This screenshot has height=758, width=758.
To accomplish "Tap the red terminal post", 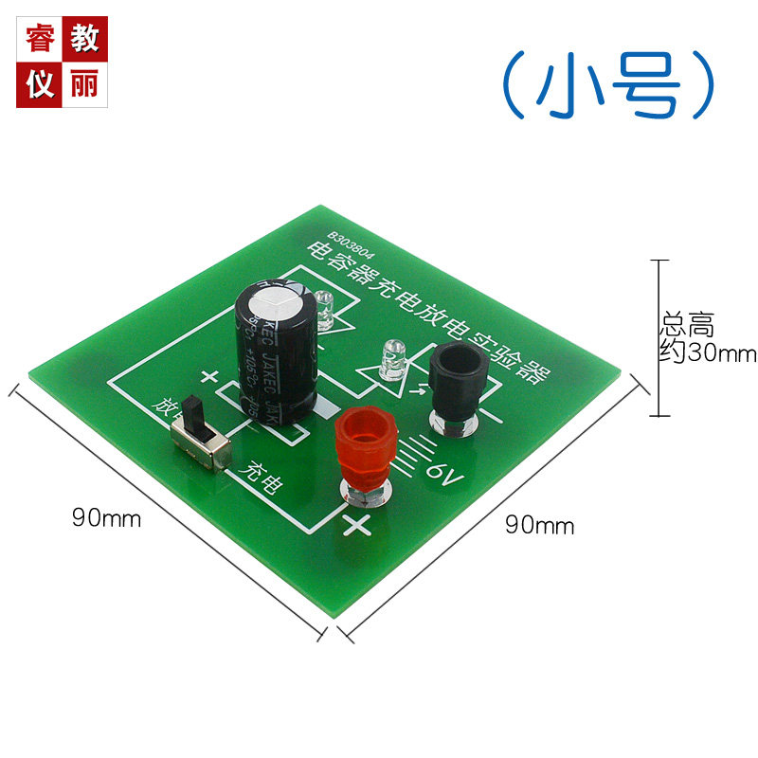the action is (364, 443).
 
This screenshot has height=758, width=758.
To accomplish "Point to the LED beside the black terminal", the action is (389, 363).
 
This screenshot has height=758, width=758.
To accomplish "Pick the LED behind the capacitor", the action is (327, 308).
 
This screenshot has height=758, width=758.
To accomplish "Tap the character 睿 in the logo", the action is (40, 39).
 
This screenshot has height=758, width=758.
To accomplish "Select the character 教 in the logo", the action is (84, 39).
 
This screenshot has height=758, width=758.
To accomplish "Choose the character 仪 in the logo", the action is (40, 84).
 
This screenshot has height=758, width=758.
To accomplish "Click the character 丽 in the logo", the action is (84, 84).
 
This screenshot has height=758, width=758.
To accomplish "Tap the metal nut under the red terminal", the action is (364, 489).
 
